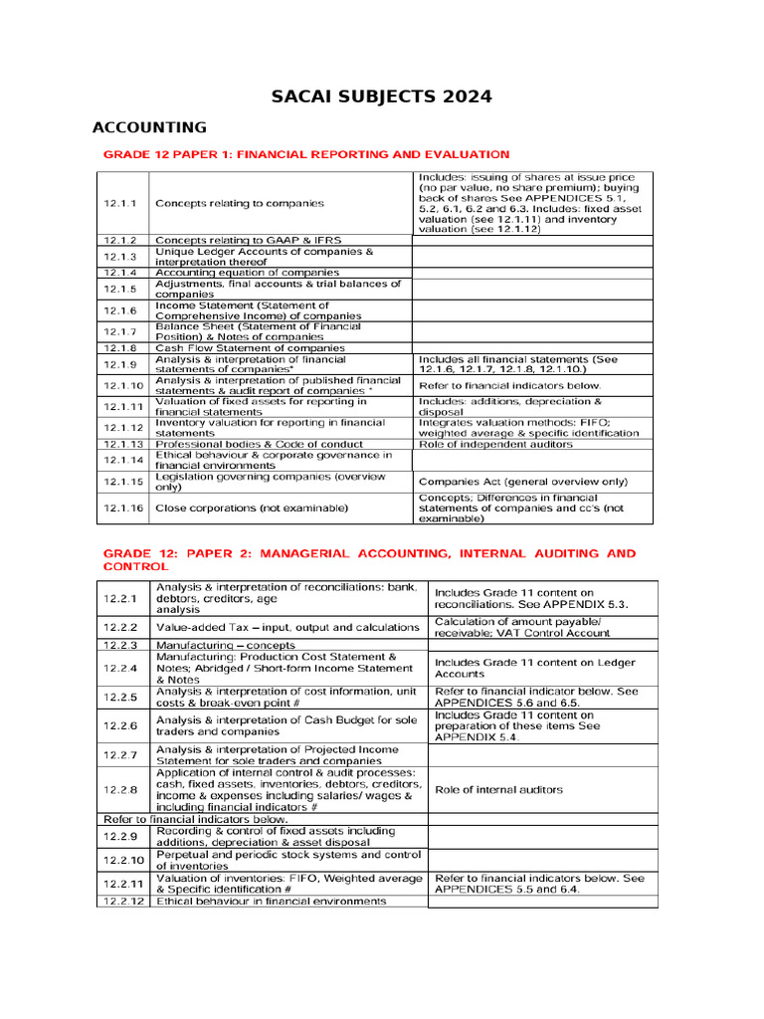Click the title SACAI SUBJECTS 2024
click(x=382, y=97)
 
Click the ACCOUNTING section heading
click(x=149, y=127)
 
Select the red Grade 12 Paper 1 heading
click(x=306, y=154)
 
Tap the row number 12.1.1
click(x=121, y=203)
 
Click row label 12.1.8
click(x=121, y=348)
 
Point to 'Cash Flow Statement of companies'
click(x=250, y=348)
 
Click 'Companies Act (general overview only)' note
click(x=523, y=482)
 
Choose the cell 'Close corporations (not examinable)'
click(x=252, y=508)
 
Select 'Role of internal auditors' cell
click(x=498, y=789)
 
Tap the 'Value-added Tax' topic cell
click(x=287, y=627)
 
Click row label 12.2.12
click(x=123, y=901)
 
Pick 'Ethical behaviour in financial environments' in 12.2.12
click(x=271, y=901)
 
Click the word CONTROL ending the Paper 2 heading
click(x=135, y=566)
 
